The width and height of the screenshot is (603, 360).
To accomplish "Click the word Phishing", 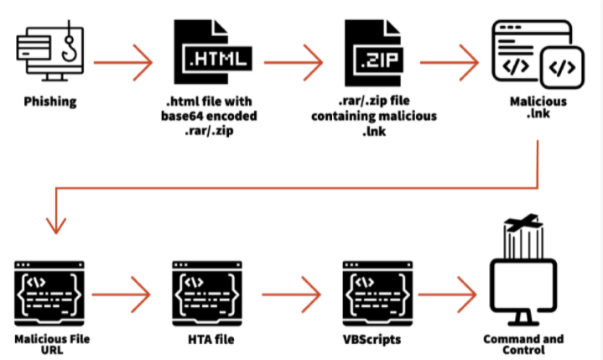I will point(50,102).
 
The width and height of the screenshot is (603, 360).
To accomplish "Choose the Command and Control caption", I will point(523,345).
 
